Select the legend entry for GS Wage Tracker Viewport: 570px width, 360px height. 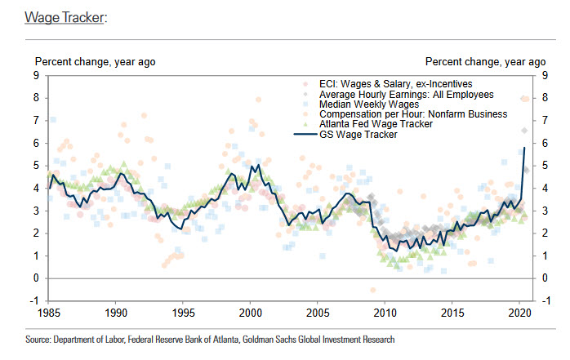358,135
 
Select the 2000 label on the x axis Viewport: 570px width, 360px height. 250,311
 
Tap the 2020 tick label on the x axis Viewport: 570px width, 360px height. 519,311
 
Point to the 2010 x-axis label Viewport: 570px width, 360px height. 385,311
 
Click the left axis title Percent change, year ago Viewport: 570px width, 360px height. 94,61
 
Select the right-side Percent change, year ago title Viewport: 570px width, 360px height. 485,61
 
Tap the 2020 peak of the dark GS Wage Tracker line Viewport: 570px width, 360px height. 523,148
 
